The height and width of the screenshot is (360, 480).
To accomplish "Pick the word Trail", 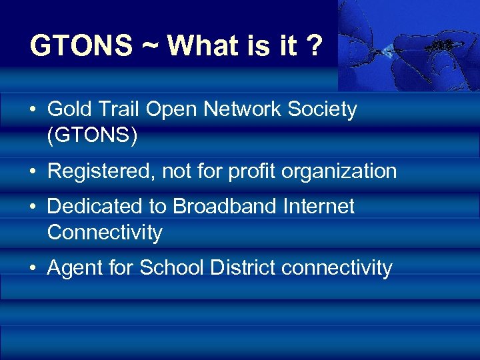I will point(117,109).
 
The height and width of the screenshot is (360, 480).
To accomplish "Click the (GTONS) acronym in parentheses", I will point(93,135).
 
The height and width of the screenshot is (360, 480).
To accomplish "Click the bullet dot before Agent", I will point(33,269).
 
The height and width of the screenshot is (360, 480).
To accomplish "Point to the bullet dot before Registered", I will point(33,171).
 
